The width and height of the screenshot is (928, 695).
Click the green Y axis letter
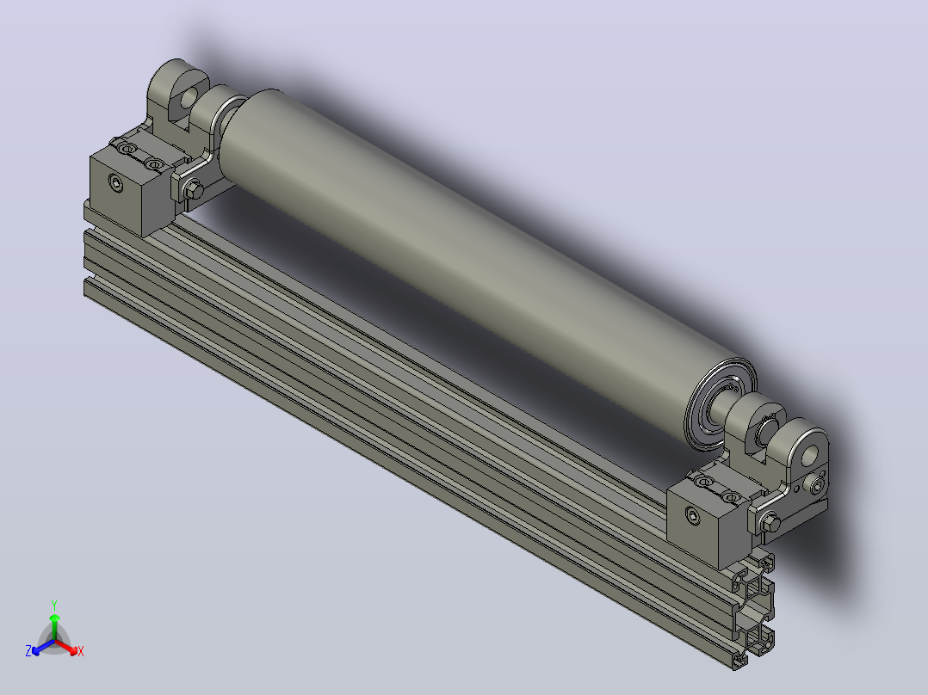pos(54,605)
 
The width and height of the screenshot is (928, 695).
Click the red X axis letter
pos(81,651)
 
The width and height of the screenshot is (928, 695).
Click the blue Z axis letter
pos(28,651)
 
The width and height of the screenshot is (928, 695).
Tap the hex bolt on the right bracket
pos(770,522)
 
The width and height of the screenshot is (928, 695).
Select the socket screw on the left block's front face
pos(116,183)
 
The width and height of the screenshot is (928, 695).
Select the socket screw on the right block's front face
pos(694,515)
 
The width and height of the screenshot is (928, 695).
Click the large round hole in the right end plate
pos(810,455)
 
